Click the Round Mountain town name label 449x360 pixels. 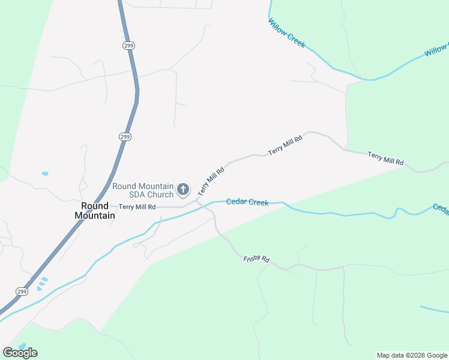(95, 211)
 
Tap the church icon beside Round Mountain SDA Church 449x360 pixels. (184, 190)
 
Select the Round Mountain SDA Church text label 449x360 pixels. (143, 190)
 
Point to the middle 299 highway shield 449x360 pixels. (124, 137)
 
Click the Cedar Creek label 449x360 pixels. (247, 202)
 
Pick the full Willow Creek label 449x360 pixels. (286, 33)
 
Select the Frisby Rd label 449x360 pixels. (256, 259)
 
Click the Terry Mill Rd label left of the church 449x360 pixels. (137, 207)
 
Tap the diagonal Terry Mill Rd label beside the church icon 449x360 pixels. (211, 181)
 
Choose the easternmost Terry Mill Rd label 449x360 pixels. (385, 159)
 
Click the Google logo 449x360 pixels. (20, 353)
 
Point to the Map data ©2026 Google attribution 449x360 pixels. (412, 355)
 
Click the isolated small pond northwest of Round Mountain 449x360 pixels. (45, 174)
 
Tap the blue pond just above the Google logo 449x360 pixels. (22, 346)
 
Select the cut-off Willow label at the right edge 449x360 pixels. (436, 50)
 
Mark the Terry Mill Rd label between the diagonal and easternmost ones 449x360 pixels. (285, 145)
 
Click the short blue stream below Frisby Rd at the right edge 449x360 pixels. (434, 310)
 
